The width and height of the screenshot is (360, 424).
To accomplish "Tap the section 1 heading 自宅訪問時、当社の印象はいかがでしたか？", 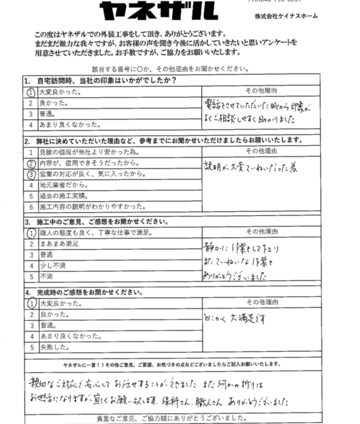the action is pyautogui.click(x=99, y=81).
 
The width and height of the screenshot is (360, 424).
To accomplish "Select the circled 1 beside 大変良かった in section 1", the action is pyautogui.click(x=30, y=92).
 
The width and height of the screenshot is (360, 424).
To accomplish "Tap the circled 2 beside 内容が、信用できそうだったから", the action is pyautogui.click(x=30, y=164).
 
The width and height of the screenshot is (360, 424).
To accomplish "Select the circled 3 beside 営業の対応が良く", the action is pyautogui.click(x=30, y=175).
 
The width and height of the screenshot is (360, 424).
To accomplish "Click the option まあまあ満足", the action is pyautogui.click(x=60, y=244).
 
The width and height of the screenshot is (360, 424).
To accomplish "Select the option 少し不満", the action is pyautogui.click(x=52, y=266).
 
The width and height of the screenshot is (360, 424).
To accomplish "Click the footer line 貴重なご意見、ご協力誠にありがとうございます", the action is pyautogui.click(x=180, y=418).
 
